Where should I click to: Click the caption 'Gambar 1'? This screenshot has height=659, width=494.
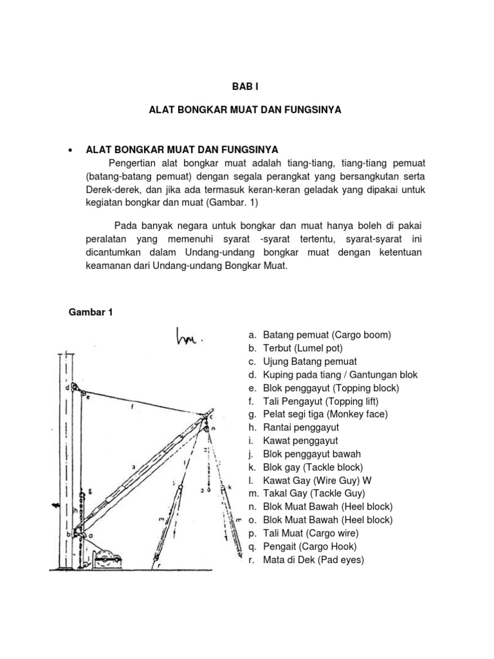click(x=91, y=312)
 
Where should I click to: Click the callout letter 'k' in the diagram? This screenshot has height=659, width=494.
click(x=230, y=487)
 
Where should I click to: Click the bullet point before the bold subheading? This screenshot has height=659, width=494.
click(x=69, y=150)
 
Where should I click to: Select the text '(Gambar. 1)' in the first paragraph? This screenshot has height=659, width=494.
click(x=214, y=202)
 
